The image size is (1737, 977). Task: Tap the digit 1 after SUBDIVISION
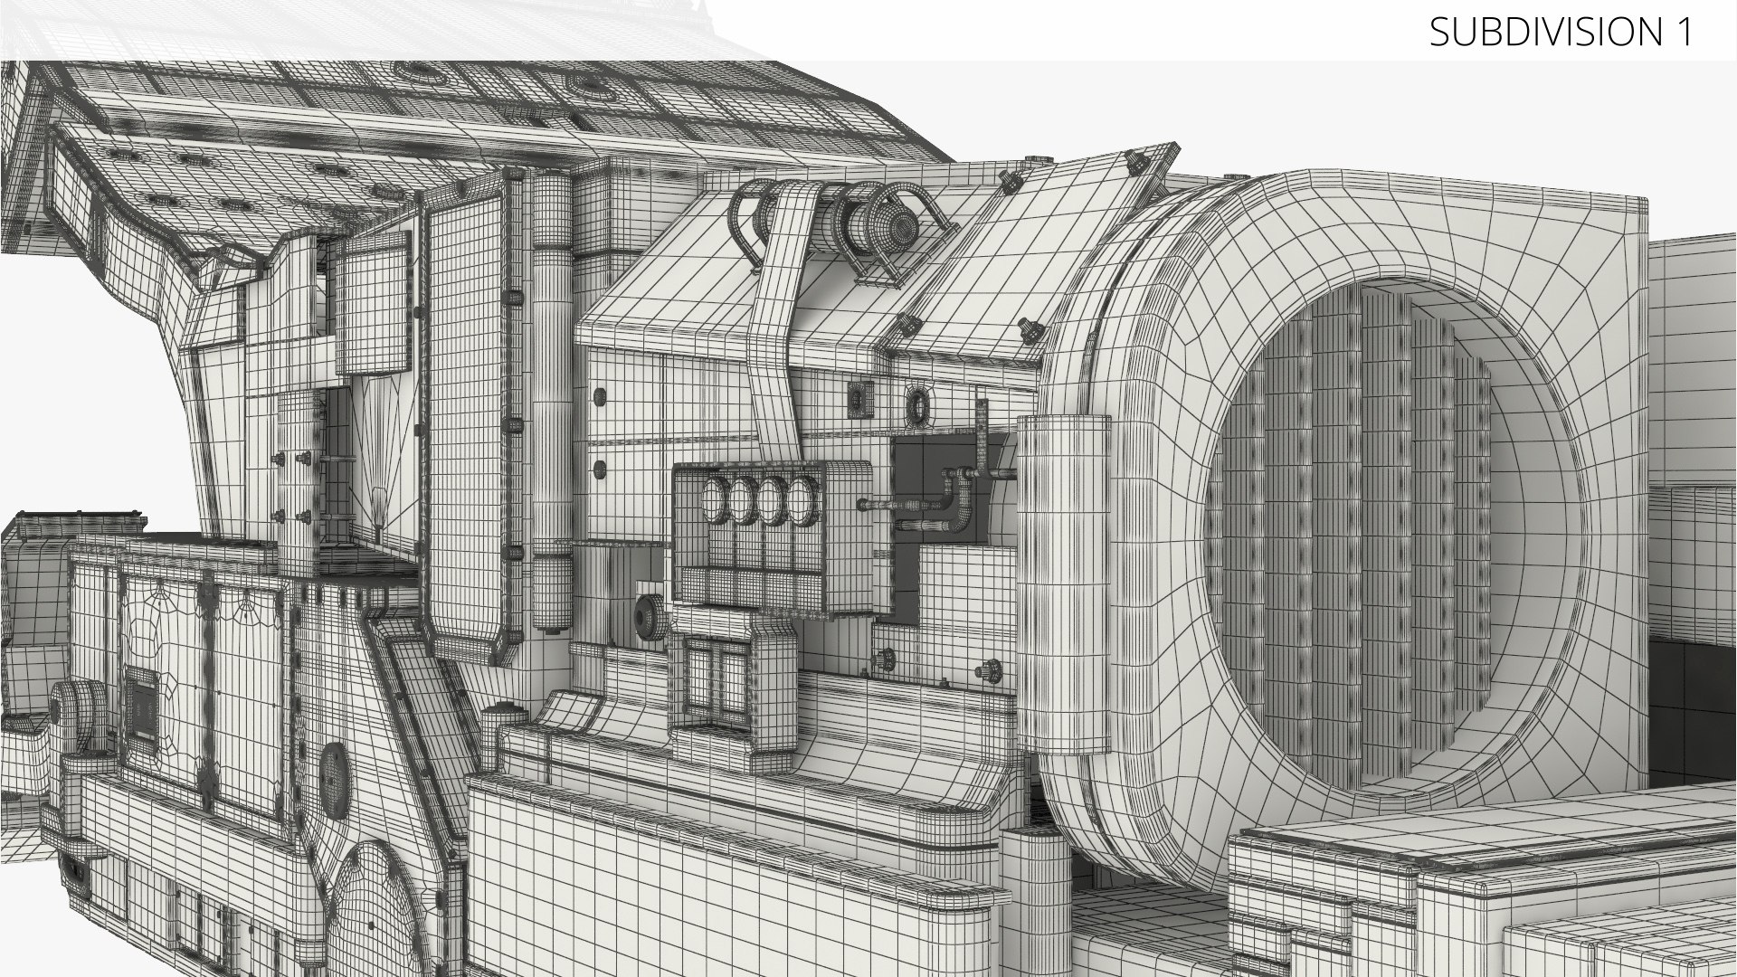pyautogui.click(x=1684, y=32)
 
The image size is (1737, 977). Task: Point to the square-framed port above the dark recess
pyautogui.click(x=859, y=399)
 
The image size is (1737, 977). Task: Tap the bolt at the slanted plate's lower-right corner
pyautogui.click(x=1029, y=330)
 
